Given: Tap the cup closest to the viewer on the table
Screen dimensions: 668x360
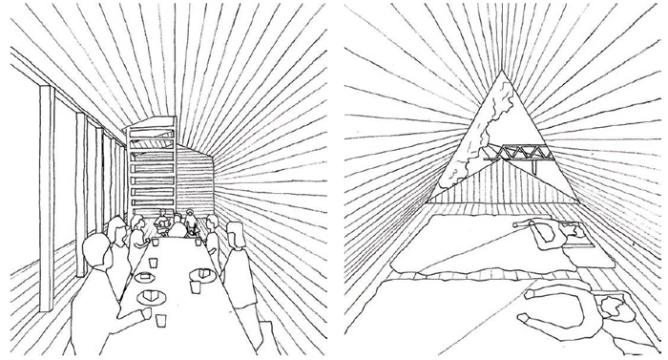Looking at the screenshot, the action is click(x=161, y=320).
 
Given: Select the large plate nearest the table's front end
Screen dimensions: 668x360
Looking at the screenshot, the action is click(x=151, y=297).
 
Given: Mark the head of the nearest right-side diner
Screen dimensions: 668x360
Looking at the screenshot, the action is click(x=234, y=233).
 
